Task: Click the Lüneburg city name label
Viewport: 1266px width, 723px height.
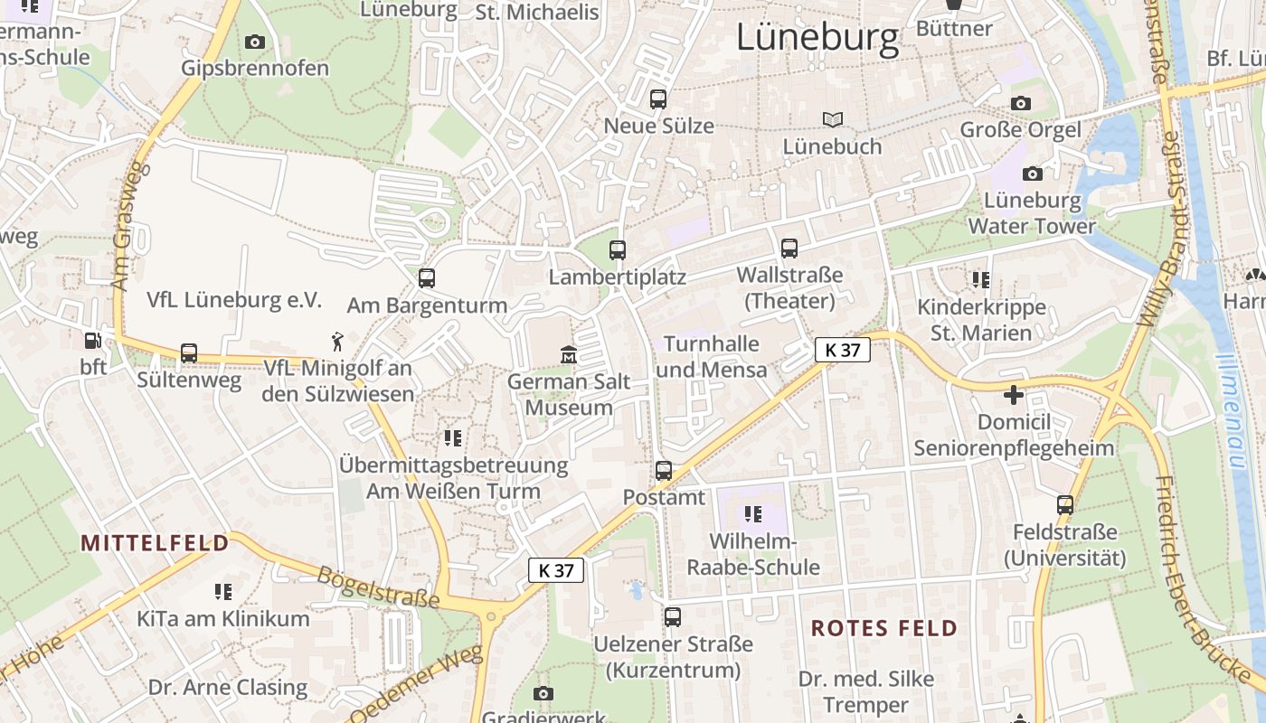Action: click(x=817, y=37)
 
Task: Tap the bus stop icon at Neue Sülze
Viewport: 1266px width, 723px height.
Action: click(x=658, y=99)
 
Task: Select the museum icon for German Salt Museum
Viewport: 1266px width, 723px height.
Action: click(x=569, y=353)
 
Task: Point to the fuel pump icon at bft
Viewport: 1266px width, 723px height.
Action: click(x=92, y=341)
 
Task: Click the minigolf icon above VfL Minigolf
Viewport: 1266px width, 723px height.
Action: click(x=337, y=342)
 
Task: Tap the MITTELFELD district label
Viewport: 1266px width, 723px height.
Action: click(x=155, y=542)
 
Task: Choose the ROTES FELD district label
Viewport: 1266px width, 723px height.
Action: click(x=883, y=628)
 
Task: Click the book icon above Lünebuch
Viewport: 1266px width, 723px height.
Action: click(x=832, y=119)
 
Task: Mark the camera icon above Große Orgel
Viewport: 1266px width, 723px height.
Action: click(x=1021, y=103)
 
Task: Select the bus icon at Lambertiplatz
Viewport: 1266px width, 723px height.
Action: click(x=618, y=250)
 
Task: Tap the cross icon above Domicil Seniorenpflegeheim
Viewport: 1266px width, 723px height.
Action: click(x=1014, y=395)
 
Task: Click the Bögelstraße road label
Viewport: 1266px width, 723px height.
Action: click(x=378, y=587)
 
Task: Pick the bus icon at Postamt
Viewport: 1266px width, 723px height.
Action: click(x=664, y=471)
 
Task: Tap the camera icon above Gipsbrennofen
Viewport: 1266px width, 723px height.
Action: click(x=255, y=42)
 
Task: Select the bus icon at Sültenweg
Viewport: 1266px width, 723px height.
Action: click(x=189, y=353)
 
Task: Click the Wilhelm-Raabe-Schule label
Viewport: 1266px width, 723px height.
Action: click(x=752, y=554)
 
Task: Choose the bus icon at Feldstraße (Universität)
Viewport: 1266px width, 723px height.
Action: click(x=1065, y=505)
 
